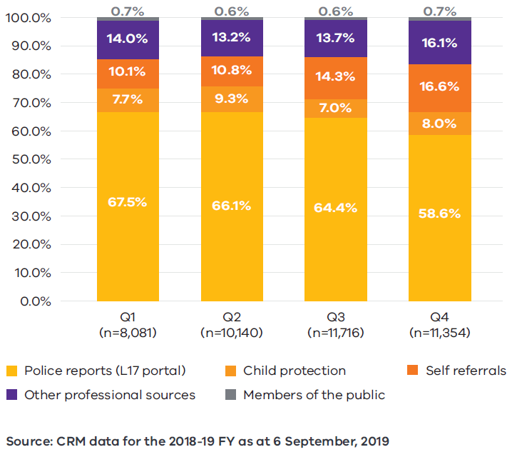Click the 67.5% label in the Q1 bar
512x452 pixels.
click(128, 202)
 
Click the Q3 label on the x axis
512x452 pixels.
click(336, 318)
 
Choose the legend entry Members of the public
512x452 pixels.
click(314, 395)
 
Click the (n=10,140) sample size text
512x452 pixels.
click(232, 333)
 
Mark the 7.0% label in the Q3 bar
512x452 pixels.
click(336, 108)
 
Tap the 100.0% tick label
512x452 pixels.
click(28, 18)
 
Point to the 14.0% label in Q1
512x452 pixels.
click(128, 40)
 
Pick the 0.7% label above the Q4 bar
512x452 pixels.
click(440, 11)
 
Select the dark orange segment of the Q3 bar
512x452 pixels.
click(336, 78)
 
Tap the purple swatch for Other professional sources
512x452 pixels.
click(11, 395)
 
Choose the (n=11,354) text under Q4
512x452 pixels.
click(440, 333)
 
